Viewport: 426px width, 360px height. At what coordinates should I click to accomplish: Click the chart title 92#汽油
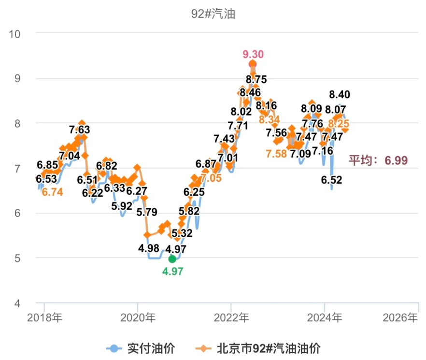(213, 14)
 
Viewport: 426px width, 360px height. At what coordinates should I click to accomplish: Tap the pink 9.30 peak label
(253, 54)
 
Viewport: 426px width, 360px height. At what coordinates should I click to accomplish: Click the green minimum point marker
(172, 259)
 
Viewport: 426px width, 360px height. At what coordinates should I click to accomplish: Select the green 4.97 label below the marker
(173, 272)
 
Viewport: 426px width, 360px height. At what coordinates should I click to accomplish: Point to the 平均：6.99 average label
(378, 160)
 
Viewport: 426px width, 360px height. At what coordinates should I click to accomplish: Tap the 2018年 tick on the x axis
(44, 318)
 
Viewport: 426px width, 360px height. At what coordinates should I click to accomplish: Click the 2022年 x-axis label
(231, 318)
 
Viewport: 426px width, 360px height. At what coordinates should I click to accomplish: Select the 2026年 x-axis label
(399, 318)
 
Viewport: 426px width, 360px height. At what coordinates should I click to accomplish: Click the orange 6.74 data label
(52, 192)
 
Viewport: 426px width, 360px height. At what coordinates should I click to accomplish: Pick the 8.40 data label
(340, 94)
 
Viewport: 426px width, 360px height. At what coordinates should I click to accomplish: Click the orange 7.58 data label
(276, 154)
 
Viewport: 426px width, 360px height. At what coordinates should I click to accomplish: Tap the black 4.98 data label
(149, 249)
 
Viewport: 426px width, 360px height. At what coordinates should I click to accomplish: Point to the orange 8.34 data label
(270, 119)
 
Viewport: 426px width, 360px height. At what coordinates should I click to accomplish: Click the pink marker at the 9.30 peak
(253, 64)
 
